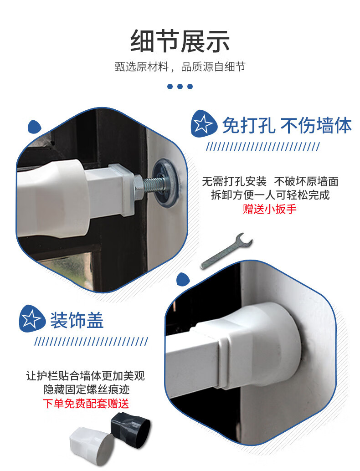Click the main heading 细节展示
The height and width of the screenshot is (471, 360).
180,41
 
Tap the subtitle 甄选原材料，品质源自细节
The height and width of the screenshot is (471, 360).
180,67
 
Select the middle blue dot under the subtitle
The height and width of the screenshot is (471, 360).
180,87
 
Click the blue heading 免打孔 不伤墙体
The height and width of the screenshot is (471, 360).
287,125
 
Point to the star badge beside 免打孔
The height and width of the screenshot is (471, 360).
203,124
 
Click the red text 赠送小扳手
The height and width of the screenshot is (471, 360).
270,209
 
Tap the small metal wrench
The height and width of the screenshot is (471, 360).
227,250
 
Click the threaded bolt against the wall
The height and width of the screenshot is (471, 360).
153,184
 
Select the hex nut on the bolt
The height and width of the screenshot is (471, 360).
138,188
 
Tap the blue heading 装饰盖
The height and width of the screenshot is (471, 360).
77,320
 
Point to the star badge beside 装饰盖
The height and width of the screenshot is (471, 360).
32,319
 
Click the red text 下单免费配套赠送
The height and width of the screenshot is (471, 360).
86,404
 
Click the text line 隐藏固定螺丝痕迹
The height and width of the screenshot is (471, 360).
87,389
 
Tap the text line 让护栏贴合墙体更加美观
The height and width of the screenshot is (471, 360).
86,376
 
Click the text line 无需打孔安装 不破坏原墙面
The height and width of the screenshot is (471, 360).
270,181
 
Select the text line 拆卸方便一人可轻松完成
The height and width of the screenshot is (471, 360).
270,195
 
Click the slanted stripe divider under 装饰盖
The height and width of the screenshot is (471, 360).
91,342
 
